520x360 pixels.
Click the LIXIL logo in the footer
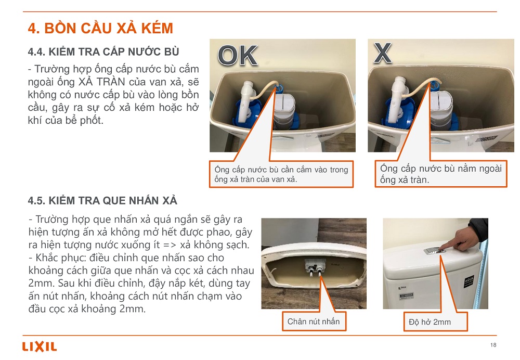[x=40, y=346]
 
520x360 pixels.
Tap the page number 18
[x=493, y=345]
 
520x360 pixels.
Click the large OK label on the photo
[x=238, y=56]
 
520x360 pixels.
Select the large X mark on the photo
[x=383, y=53]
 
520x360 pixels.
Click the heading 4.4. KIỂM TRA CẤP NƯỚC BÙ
[x=103, y=52]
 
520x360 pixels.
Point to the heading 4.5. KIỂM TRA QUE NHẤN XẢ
[x=102, y=200]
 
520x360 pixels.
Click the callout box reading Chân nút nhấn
[x=314, y=321]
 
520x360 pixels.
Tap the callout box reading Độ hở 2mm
[x=435, y=322]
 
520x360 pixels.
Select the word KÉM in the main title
[x=157, y=28]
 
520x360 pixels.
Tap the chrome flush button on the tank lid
[x=435, y=251]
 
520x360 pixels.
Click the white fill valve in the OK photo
[x=247, y=101]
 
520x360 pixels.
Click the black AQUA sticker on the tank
[x=469, y=281]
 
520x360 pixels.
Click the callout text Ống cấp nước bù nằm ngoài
[x=441, y=168]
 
